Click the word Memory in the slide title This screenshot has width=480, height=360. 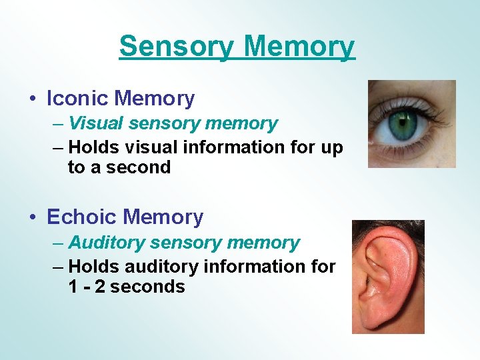(x=299, y=47)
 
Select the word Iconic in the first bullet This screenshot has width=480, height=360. (x=78, y=99)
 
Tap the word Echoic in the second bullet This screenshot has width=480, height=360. (x=82, y=217)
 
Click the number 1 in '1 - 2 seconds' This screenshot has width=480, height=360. (x=73, y=287)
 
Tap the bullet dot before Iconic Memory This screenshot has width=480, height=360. (x=33, y=99)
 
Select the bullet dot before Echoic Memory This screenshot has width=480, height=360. (x=33, y=218)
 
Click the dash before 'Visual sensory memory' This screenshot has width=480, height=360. (x=58, y=124)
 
